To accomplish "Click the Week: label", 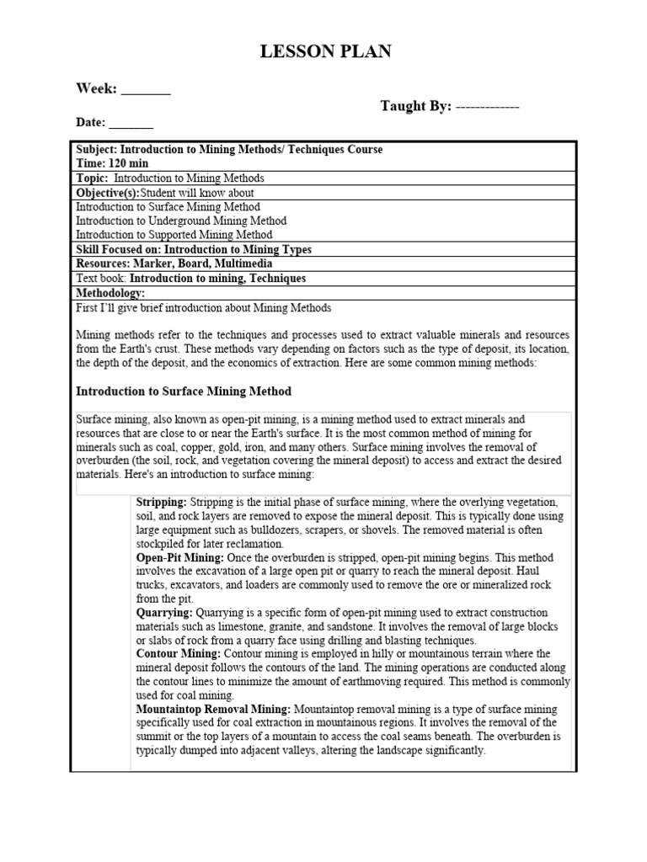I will point(96,88).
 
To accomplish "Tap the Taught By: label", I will point(416,106).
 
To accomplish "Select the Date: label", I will point(91,122).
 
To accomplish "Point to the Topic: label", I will point(92,178).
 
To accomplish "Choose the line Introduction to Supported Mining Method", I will point(174,235).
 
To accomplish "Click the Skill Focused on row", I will point(193,250).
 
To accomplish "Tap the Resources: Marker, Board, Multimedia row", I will point(174,264).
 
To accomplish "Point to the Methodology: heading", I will point(110,293).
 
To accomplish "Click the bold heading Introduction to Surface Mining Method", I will point(184,391).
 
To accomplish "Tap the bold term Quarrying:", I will point(164,613).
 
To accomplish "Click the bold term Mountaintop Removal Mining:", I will point(213,710).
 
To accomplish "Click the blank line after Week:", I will point(147,91).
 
